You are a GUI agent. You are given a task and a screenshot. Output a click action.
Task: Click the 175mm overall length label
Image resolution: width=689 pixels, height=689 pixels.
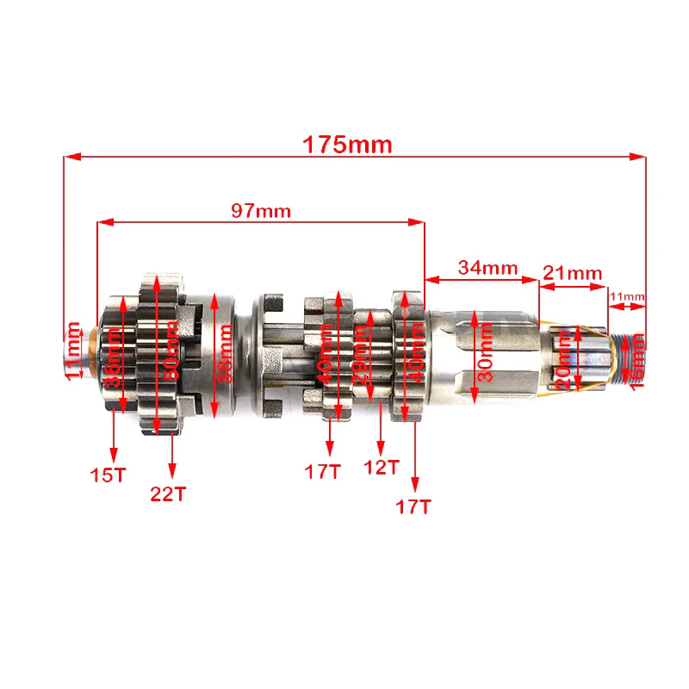pyautogui.click(x=347, y=144)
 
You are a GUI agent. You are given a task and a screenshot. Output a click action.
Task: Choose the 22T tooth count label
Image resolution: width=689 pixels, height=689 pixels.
pyautogui.click(x=169, y=493)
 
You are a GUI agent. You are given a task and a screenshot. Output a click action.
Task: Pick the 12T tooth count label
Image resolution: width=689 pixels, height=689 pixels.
pyautogui.click(x=382, y=467)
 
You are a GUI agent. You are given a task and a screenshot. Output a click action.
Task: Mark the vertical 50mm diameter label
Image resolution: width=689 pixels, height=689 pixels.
pyautogui.click(x=172, y=351)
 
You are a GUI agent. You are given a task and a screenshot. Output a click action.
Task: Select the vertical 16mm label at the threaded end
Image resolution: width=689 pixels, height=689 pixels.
pyautogui.click(x=638, y=360)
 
